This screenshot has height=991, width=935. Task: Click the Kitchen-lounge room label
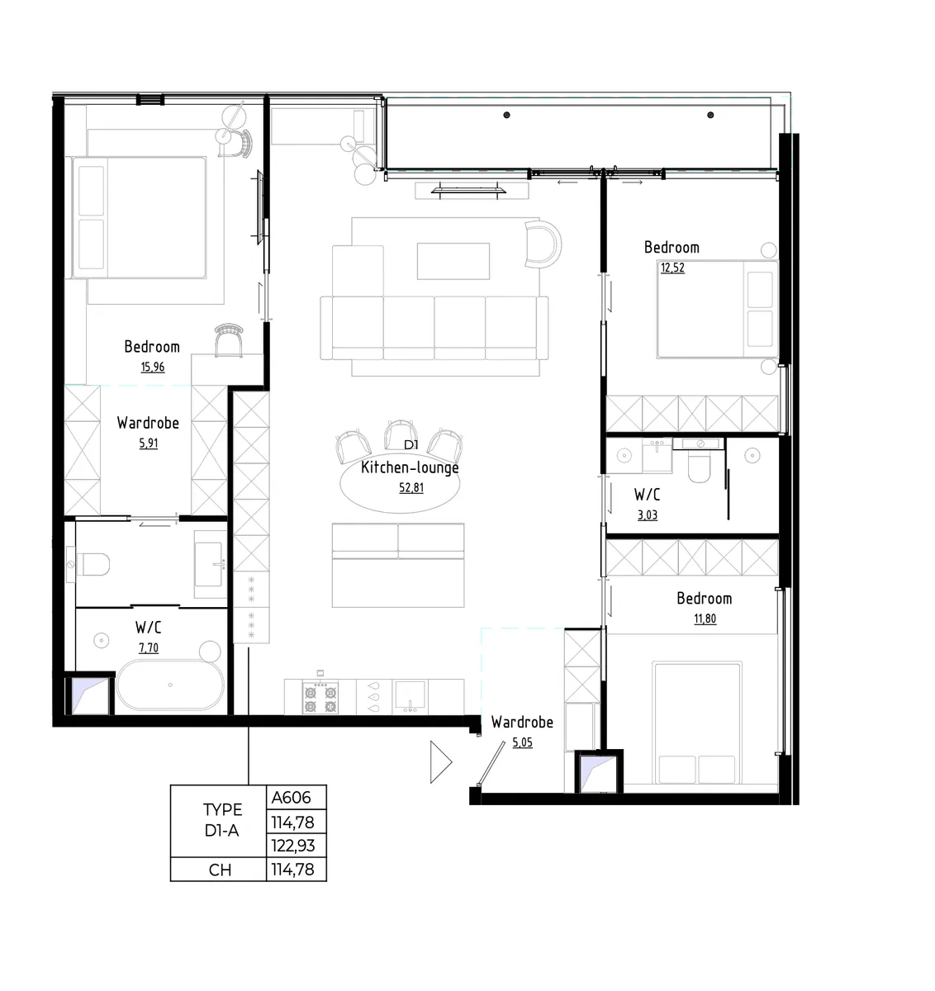[410, 467]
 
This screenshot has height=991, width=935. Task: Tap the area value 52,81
[411, 487]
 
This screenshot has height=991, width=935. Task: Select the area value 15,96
[153, 367]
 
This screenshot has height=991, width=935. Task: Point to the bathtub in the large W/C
[170, 685]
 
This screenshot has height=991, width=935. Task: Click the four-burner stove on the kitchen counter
[320, 699]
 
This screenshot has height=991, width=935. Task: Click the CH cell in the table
[219, 870]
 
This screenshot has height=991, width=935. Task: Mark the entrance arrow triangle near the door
[439, 762]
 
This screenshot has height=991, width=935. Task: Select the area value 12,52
[673, 268]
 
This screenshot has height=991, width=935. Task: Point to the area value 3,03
[648, 515]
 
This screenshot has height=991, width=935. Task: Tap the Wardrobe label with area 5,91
[149, 423]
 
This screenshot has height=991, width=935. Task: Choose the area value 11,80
[705, 619]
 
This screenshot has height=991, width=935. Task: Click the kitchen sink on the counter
[411, 696]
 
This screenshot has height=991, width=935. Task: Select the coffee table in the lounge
[453, 261]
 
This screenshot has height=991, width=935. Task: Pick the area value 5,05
[523, 742]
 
